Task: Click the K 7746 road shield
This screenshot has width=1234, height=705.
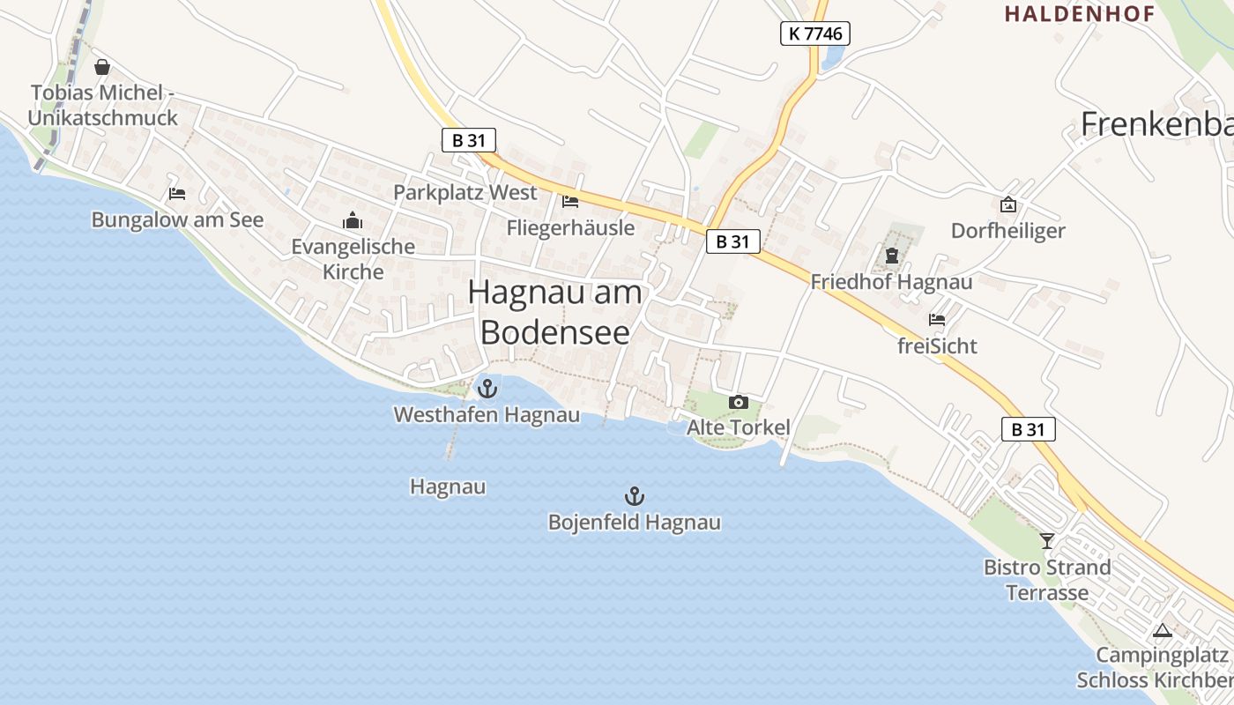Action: pos(814,34)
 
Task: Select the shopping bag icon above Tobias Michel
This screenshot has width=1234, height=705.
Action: pos(102,67)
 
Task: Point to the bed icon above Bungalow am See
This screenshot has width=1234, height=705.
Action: pos(177,194)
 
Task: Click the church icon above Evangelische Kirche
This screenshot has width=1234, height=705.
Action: pos(353,220)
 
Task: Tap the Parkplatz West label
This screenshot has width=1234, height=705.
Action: pos(465,192)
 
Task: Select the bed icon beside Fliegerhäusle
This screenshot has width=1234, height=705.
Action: pos(570,202)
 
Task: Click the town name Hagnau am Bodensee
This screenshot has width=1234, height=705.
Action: pos(555,311)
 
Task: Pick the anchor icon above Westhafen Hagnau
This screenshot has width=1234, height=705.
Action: pos(487,388)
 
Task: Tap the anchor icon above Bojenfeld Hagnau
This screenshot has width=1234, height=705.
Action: pos(634,496)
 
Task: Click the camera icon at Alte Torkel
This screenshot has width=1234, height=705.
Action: pos(738,403)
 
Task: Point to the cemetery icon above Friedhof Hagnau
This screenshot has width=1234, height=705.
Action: pos(891,256)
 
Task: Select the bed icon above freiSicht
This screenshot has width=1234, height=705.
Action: pos(936,320)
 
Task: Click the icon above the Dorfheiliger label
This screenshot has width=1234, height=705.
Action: pos(1007,204)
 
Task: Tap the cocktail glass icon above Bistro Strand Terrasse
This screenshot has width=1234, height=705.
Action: pos(1047,540)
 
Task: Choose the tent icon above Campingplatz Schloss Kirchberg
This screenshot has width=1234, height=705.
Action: pos(1162,630)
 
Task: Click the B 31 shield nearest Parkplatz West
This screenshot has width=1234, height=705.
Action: pos(469,139)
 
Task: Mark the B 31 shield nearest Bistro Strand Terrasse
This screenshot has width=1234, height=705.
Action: pos(1028,429)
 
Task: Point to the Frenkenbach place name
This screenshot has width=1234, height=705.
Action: pos(1156,124)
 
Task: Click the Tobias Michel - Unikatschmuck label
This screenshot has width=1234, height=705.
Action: pos(102,105)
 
